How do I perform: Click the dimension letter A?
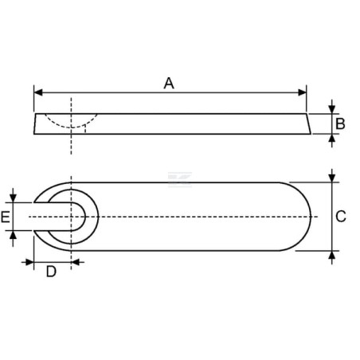coord(169,84)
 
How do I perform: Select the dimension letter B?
coord(340,123)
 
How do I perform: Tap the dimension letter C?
coord(341,217)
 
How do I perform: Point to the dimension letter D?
coord(51,272)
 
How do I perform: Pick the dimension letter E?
coord(6,217)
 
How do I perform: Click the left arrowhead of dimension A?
coord(38,92)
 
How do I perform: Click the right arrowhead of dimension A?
coord(302,92)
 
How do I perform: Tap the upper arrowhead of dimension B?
coord(331,109)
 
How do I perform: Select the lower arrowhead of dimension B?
coord(331,139)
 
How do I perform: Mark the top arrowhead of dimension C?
coord(331,178)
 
